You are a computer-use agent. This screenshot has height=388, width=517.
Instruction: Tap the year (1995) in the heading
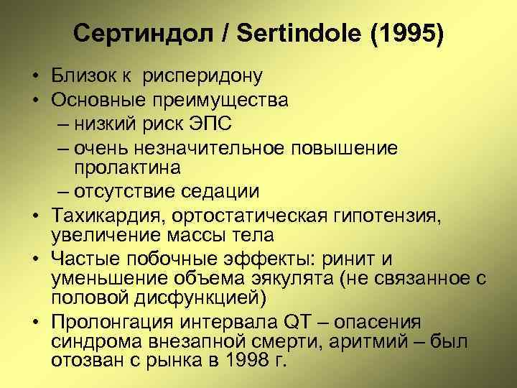407,33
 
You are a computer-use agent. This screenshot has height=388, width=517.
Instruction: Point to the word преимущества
220,99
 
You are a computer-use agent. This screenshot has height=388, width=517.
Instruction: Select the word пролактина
127,167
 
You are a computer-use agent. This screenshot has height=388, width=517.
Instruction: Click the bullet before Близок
34,75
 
